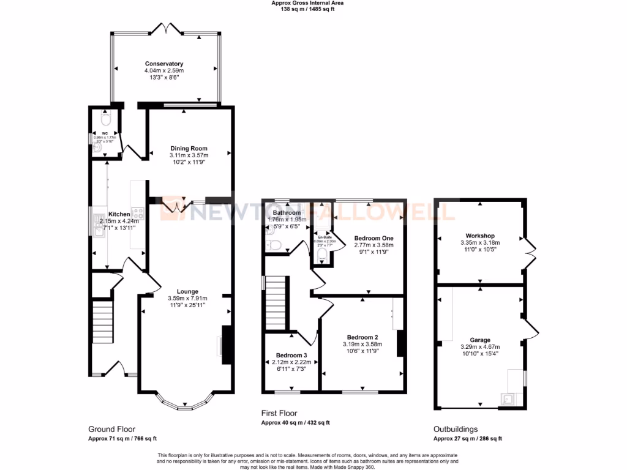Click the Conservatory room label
pyautogui.click(x=164, y=64)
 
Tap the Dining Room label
pyautogui.click(x=189, y=148)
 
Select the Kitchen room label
pyautogui.click(x=119, y=214)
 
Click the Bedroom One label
pyautogui.click(x=374, y=237)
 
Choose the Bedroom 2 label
pyautogui.click(x=362, y=337)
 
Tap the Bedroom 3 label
pyautogui.click(x=291, y=356)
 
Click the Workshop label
pyautogui.click(x=479, y=236)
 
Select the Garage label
pyautogui.click(x=480, y=340)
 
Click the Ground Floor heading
pyautogui.click(x=112, y=429)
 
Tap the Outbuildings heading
pyautogui.click(x=456, y=429)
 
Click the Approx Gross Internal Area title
pyautogui.click(x=307, y=3)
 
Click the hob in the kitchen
pyautogui.click(x=138, y=214)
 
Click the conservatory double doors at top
pyautogui.click(x=166, y=28)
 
